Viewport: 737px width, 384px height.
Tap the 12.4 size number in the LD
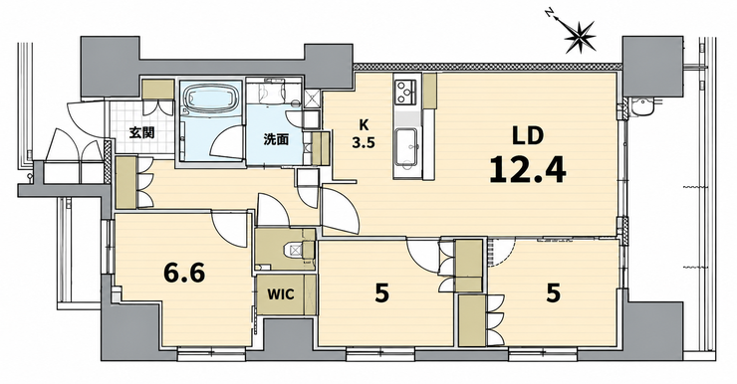click(x=528, y=169)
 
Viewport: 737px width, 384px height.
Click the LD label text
click(x=528, y=136)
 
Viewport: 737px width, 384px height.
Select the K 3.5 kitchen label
click(x=364, y=133)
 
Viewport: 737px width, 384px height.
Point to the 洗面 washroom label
click(x=276, y=139)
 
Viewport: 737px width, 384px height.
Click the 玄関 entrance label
click(x=141, y=133)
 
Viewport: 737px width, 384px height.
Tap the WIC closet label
click(x=281, y=294)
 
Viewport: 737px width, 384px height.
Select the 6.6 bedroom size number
click(x=184, y=273)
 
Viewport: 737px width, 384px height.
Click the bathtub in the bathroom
click(x=210, y=97)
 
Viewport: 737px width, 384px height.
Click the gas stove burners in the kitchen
click(x=405, y=92)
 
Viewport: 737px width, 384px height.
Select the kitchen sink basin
click(x=405, y=147)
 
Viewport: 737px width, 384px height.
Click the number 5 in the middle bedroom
click(x=381, y=294)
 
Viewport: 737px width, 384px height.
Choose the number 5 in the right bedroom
click(x=553, y=294)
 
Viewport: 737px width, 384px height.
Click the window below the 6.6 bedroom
click(x=212, y=352)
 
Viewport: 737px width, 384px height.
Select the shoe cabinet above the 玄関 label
click(x=158, y=90)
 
